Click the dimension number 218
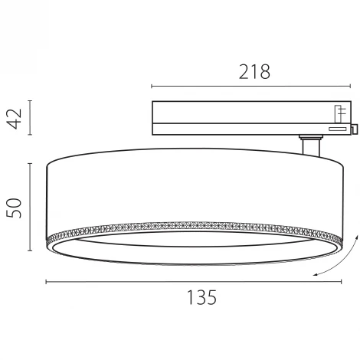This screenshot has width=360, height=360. click(x=254, y=71)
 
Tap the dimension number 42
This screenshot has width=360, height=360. click(x=14, y=117)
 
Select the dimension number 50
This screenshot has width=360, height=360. click(x=14, y=206)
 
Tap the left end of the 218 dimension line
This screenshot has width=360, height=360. click(x=152, y=86)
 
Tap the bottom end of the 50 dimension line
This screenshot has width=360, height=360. click(x=30, y=251)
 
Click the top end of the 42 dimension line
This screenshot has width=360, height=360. click(x=30, y=100)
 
